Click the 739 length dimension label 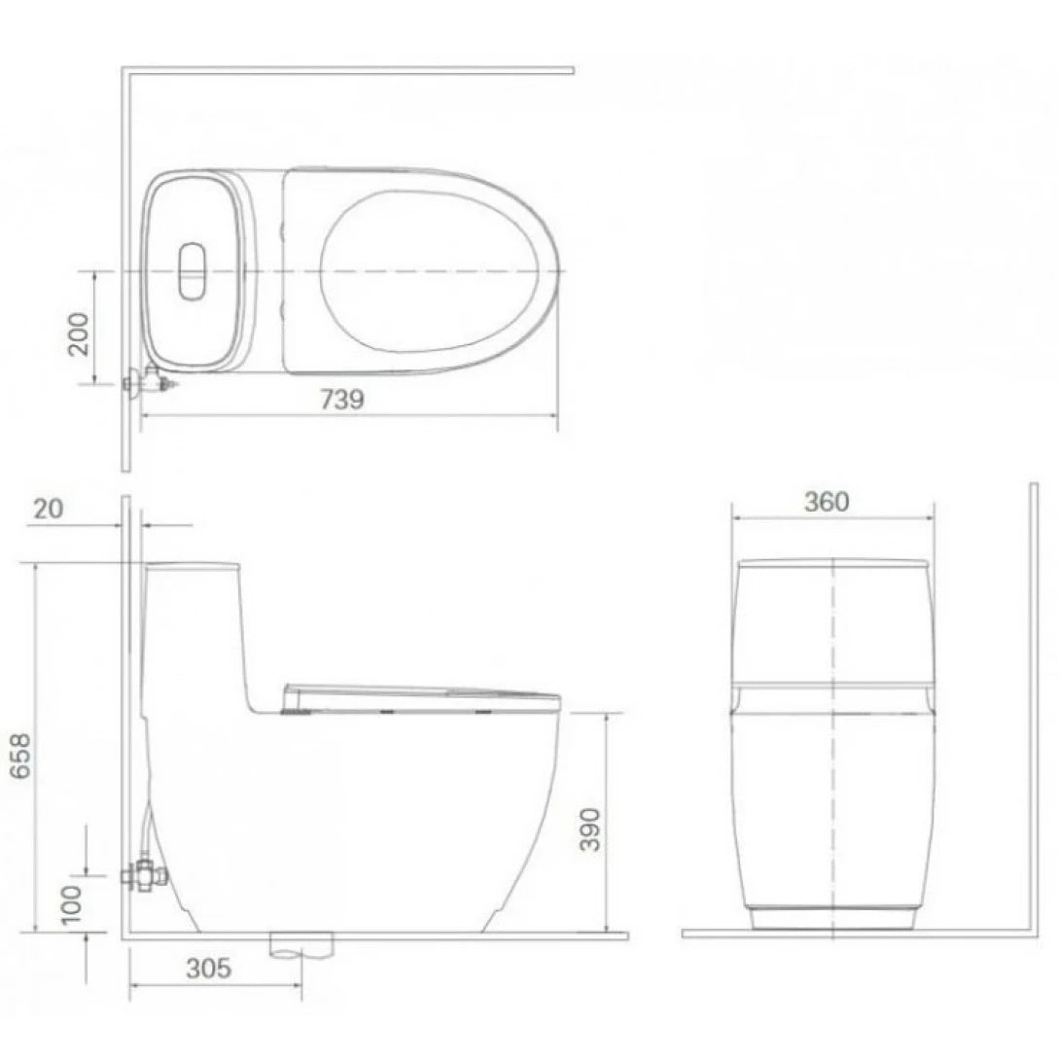[342, 400]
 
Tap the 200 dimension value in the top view [79, 334]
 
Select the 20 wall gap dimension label [49, 509]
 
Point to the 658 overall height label [21, 756]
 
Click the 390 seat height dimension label [589, 830]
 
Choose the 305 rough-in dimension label [208, 969]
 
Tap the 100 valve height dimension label [71, 903]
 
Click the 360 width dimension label [826, 502]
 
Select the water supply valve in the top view [150, 381]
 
